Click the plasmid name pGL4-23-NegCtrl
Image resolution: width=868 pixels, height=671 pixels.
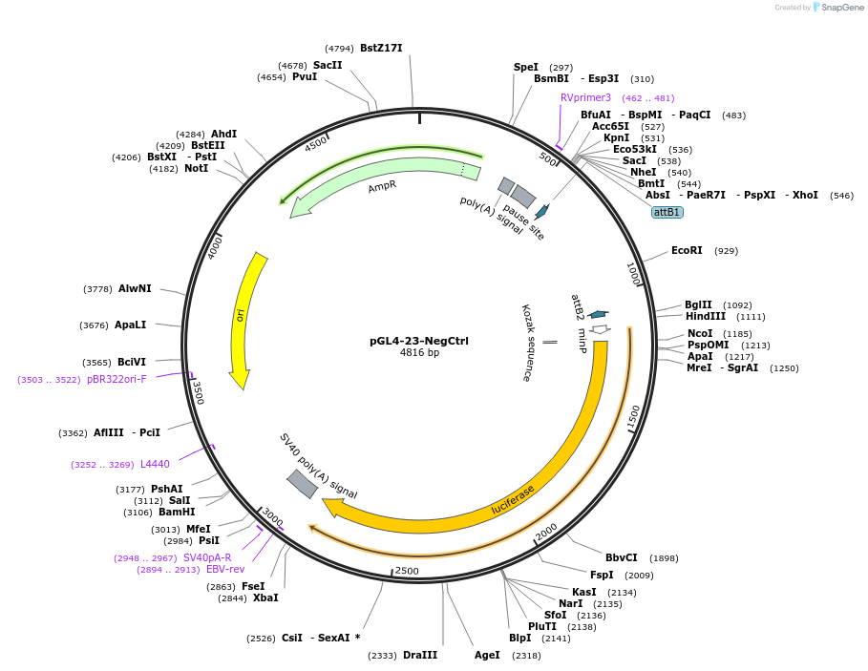click(419, 341)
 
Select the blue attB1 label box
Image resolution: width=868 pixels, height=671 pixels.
click(667, 212)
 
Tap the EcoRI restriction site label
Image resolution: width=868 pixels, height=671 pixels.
click(687, 251)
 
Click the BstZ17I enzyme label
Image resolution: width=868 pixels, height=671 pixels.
click(381, 48)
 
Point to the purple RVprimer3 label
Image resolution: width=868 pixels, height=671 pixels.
click(585, 97)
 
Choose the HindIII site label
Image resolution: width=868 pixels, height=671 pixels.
click(705, 317)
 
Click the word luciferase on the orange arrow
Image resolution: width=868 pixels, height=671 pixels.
click(513, 499)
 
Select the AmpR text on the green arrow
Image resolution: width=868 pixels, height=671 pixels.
click(382, 186)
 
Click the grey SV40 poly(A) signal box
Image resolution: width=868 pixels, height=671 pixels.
click(303, 484)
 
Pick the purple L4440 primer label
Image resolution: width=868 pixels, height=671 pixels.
click(155, 465)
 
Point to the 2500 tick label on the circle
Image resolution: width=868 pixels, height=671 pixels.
click(407, 571)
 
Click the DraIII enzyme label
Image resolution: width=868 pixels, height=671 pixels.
click(419, 655)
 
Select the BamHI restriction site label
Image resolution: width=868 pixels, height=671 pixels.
click(177, 513)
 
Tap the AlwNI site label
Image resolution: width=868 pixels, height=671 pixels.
click(135, 288)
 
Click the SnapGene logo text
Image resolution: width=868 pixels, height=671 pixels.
click(842, 8)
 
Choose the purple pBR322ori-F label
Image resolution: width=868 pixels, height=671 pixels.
click(116, 379)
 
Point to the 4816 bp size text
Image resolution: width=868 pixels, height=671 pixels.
click(419, 353)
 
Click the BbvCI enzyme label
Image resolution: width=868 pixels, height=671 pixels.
click(621, 558)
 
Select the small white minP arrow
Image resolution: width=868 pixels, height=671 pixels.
click(600, 329)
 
